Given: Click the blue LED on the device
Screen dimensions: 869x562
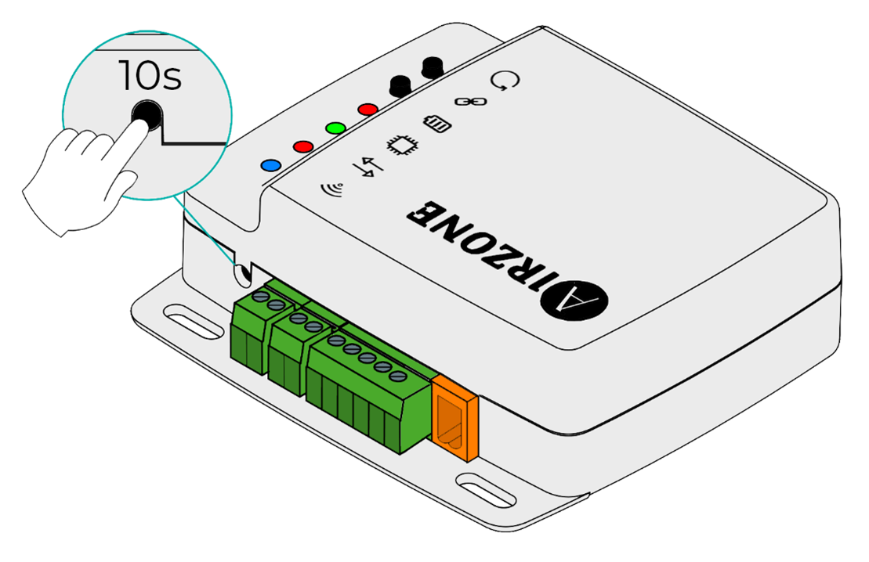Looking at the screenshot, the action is pyautogui.click(x=270, y=165).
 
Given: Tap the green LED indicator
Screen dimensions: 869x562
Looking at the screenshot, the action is pyautogui.click(x=335, y=128).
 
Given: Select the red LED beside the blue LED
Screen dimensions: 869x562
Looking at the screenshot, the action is pyautogui.click(x=303, y=146).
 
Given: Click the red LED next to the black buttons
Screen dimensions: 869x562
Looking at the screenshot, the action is pyautogui.click(x=368, y=110).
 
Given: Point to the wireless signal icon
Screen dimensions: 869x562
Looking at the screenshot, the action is pyautogui.click(x=332, y=189).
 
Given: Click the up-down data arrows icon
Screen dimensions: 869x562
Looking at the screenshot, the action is pyautogui.click(x=368, y=168).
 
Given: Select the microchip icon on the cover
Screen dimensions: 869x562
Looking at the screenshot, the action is pyautogui.click(x=402, y=146).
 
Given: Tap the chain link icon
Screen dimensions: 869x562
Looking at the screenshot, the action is pyautogui.click(x=470, y=102).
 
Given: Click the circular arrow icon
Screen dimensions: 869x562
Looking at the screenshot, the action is pyautogui.click(x=505, y=81).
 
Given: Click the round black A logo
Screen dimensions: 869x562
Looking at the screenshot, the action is pyautogui.click(x=574, y=301).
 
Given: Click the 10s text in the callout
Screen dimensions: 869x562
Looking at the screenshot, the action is pyautogui.click(x=150, y=75).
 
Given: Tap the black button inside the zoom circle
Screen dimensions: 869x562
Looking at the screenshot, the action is pyautogui.click(x=147, y=115).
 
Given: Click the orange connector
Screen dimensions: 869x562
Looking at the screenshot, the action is pyautogui.click(x=454, y=417).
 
